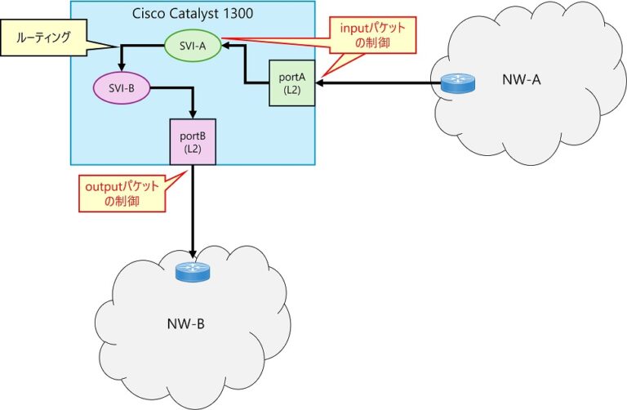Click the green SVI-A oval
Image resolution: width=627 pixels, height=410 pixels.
coord(193,47)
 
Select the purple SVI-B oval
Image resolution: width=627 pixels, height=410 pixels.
coord(121,88)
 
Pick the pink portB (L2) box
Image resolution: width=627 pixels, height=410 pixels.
coord(192,140)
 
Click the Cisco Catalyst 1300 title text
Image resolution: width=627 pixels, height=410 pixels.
coord(192,13)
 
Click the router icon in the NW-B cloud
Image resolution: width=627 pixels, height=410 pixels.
coord(193,272)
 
